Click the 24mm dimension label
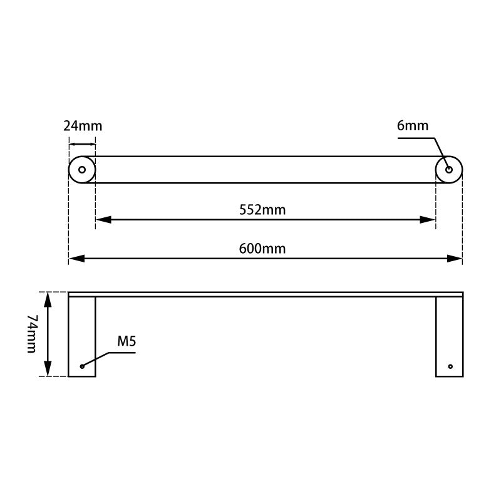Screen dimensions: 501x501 coord(82,126)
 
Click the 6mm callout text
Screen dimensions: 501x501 coord(413,126)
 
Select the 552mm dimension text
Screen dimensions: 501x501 coord(262,210)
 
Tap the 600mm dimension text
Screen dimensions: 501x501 coord(262,249)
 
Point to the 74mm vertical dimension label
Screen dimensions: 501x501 coord(32,334)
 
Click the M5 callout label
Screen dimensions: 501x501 coord(127,341)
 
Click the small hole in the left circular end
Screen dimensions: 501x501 coord(82,170)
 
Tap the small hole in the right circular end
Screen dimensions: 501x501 coord(449,170)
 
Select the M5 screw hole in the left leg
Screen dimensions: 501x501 coord(81,366)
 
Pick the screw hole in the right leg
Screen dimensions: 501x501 coord(450,366)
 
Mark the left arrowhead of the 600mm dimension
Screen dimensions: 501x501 coord(76,258)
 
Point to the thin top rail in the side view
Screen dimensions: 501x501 coord(266,294)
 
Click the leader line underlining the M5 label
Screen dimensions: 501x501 coord(122,353)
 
